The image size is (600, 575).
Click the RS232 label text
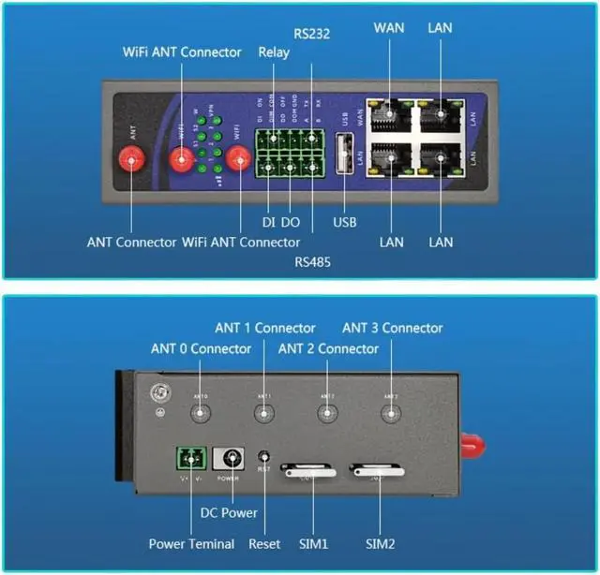pyautogui.click(x=311, y=34)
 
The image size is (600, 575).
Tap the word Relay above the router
pyautogui.click(x=274, y=52)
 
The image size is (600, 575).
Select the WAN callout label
pyautogui.click(x=388, y=27)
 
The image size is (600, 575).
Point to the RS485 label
pyautogui.click(x=311, y=261)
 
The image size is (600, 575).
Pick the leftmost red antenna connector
pyautogui.click(x=132, y=162)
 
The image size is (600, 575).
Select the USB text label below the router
pyautogui.click(x=344, y=222)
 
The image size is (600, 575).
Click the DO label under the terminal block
pyautogui.click(x=290, y=222)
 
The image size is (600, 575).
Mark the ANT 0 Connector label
pyautogui.click(x=201, y=348)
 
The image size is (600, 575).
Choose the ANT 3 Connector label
pyautogui.click(x=392, y=328)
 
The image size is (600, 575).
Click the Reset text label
pyautogui.click(x=264, y=544)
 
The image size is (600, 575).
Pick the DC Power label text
pyautogui.click(x=229, y=513)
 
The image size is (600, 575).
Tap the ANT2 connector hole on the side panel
pyautogui.click(x=327, y=413)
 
